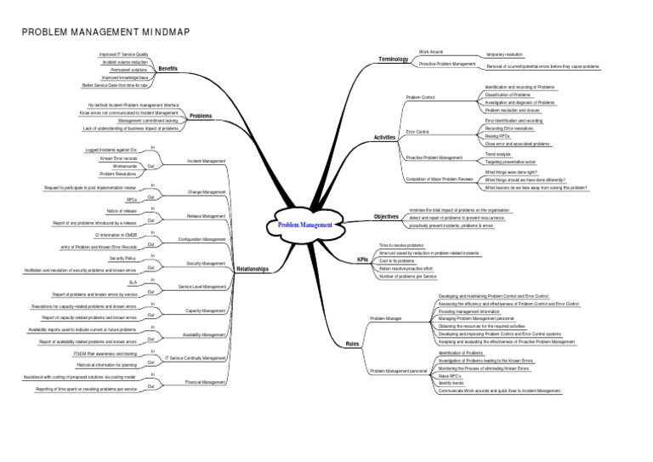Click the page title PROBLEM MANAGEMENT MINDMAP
coord(105,32)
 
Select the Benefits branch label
coord(168,68)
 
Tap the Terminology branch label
coord(394,58)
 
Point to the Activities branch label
coord(385,137)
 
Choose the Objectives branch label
coord(386,217)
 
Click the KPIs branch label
coord(363,260)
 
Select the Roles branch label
coord(353,344)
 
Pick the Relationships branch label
coord(253,269)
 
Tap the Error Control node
coord(417,132)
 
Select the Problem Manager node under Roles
coord(387,318)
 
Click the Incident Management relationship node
coord(206,160)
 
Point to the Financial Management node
coord(206,382)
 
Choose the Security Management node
coord(207,263)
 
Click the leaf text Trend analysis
coord(498,153)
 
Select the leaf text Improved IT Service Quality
coord(123,54)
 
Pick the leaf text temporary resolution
coord(503,54)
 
